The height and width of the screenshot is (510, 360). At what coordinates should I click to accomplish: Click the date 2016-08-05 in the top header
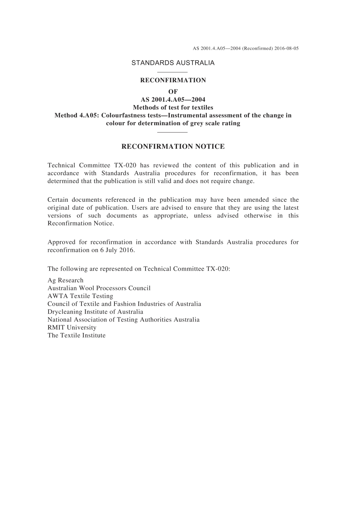coord(286,49)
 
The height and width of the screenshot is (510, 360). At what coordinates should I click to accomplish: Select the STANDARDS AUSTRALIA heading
coord(173,63)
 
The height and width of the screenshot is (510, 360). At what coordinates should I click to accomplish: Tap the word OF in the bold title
coord(173,91)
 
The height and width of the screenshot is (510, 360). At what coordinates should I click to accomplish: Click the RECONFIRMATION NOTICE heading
coord(173,147)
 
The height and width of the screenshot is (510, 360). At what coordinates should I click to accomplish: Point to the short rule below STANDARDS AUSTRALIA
coord(172,72)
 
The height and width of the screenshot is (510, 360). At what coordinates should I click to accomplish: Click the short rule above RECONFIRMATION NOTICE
coord(172,132)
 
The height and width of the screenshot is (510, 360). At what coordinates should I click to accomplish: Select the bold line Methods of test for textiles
coord(173,107)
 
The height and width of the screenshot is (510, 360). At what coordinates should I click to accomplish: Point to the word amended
coord(256,200)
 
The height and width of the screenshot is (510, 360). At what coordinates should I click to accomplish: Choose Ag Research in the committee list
coord(66,281)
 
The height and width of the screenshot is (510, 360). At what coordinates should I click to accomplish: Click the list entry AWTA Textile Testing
coord(80,296)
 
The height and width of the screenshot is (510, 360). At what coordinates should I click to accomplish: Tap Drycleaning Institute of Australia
coord(95,312)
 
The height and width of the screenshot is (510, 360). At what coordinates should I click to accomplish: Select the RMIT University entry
coord(72,328)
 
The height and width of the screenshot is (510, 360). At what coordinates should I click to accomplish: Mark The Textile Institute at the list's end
coord(77,336)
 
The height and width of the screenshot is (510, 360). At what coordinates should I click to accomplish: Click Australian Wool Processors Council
coord(99,288)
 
